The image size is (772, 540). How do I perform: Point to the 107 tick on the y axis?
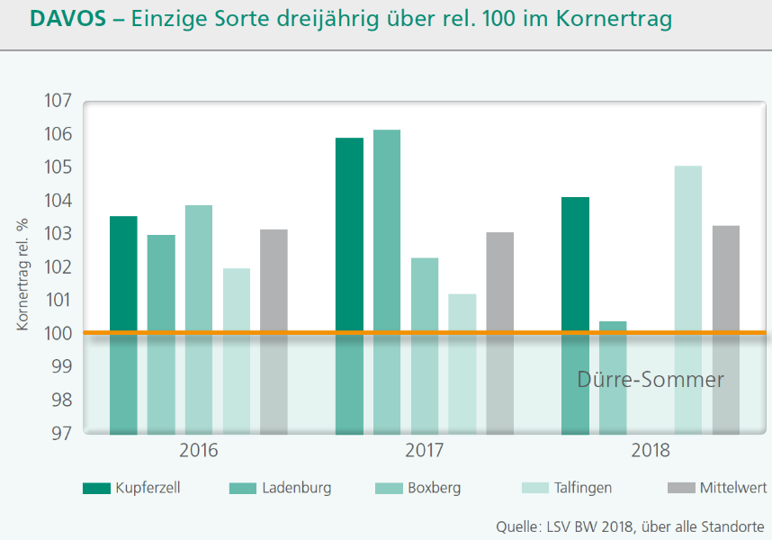[57, 101]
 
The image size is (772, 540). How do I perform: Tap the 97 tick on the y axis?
[58, 433]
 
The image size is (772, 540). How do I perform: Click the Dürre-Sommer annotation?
[650, 380]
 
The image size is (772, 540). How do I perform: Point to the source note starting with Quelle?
[629, 526]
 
